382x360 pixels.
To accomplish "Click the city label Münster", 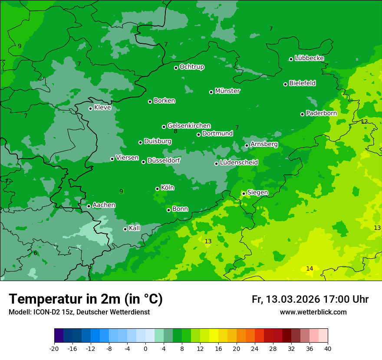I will [227, 91].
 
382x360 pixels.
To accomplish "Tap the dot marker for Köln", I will [158, 189].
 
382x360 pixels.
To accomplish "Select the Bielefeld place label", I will [302, 83].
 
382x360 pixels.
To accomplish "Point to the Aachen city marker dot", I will [89, 206].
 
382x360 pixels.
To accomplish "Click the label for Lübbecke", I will [309, 58].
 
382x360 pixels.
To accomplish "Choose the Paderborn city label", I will [321, 113].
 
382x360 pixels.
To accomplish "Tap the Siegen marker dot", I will [244, 193].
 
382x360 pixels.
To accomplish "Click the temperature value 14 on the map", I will [310, 269].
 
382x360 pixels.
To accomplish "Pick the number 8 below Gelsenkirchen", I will [175, 131].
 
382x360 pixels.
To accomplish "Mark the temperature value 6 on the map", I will [35, 253].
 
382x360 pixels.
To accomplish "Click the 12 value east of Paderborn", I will [364, 121].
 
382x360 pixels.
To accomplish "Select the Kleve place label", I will [102, 108].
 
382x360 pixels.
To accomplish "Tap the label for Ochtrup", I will [191, 67].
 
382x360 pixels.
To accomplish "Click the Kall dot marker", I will [125, 229].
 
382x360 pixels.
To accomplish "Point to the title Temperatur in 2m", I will [86, 299].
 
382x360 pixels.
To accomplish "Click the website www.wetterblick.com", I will [313, 312].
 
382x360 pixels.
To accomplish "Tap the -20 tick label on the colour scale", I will [54, 349].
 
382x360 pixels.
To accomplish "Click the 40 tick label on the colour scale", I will [328, 349].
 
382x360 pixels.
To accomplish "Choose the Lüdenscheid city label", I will [239, 163].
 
